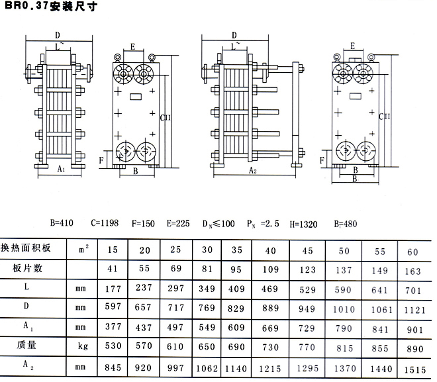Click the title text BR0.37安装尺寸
(51, 6)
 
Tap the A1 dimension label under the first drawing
(61, 169)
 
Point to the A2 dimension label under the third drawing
(252, 170)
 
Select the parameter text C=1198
(105, 223)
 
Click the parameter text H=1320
(303, 224)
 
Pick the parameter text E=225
(178, 224)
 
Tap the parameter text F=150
(143, 224)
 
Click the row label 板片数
(27, 268)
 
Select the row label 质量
(26, 345)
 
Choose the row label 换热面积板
(26, 248)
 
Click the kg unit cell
(83, 346)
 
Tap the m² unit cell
(83, 249)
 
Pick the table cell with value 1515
(415, 369)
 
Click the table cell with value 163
(413, 271)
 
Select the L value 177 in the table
(113, 289)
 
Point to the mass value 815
(345, 348)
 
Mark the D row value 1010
(344, 310)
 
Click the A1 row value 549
(207, 328)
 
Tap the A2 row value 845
(113, 367)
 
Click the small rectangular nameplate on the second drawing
(136, 97)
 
